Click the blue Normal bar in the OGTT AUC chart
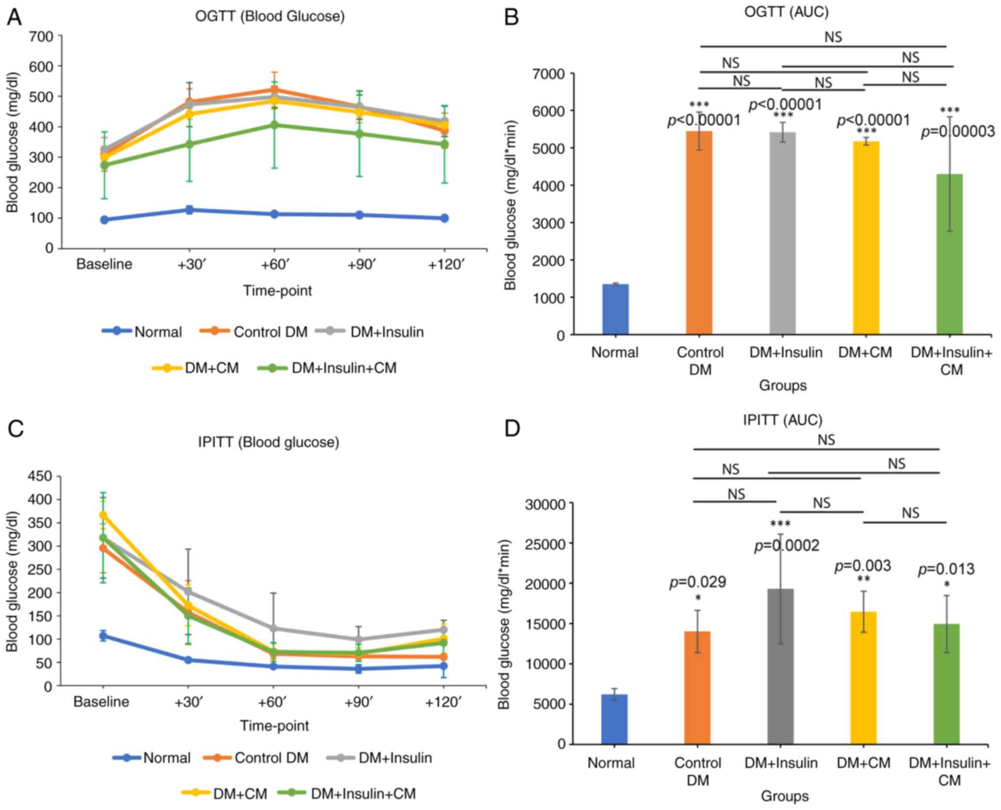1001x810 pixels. (x=615, y=309)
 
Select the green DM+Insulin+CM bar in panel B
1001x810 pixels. (x=949, y=254)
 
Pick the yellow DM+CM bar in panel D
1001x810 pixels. (x=863, y=677)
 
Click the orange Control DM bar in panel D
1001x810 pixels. (x=697, y=687)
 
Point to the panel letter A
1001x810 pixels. (x=14, y=18)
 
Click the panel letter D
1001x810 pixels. (x=512, y=428)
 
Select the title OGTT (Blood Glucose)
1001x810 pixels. (x=269, y=16)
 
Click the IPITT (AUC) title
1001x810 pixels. (x=782, y=420)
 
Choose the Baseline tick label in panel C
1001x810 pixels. (x=101, y=702)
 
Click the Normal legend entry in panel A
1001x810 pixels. (x=158, y=332)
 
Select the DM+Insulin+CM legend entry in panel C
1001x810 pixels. (x=363, y=794)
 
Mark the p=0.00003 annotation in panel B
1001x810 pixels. (x=957, y=132)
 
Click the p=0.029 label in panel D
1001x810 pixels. (x=697, y=582)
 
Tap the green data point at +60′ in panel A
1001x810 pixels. (x=274, y=125)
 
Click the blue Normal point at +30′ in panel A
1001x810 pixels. (x=189, y=210)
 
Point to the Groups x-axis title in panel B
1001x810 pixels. (x=782, y=385)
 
